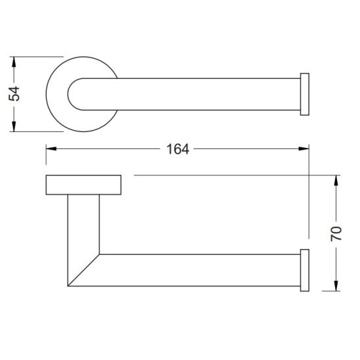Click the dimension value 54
(14, 94)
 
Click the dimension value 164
(177, 149)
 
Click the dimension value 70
(336, 233)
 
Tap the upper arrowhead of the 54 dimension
(14, 62)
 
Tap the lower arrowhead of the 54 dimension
(14, 126)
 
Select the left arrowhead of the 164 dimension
(51, 148)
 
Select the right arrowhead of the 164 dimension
(304, 148)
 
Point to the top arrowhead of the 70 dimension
(336, 181)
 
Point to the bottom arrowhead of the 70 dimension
(336, 286)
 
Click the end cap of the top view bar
(305, 94)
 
